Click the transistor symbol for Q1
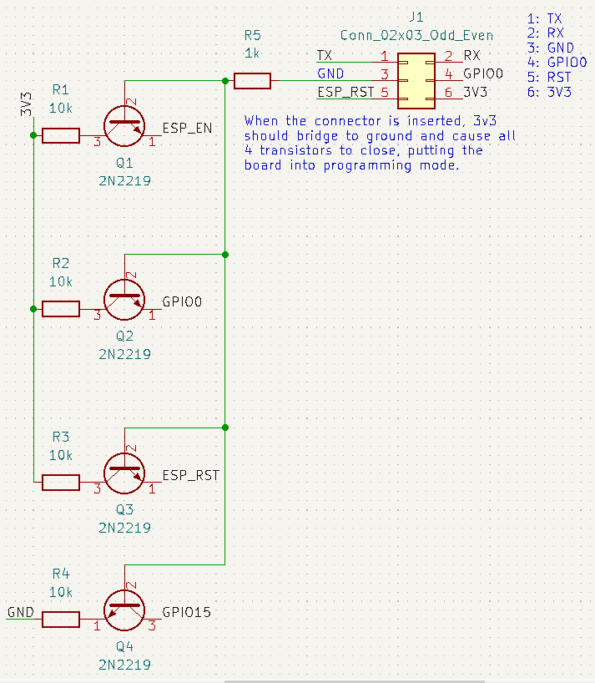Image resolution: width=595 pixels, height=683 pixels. [125, 126]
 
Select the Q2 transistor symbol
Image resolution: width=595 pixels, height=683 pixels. [125, 299]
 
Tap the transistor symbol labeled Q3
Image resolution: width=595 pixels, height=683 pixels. [125, 472]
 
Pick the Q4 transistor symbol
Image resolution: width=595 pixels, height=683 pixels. [125, 610]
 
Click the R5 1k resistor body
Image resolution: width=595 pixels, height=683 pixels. [252, 81]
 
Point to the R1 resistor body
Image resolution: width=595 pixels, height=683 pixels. [61, 136]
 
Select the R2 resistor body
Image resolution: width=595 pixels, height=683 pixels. [61, 309]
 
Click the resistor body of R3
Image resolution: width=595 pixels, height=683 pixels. [61, 482]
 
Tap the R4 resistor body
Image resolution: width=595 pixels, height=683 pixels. [61, 620]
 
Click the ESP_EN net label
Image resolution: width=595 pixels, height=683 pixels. [186, 129]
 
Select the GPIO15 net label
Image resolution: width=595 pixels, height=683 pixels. [187, 611]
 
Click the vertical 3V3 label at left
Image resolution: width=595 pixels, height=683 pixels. [26, 104]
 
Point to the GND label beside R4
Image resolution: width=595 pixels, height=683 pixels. [21, 612]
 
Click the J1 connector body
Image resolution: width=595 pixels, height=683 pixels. [416, 80]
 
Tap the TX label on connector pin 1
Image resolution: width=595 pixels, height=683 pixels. [325, 55]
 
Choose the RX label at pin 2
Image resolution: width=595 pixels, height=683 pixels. [471, 55]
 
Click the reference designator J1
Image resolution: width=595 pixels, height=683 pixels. [416, 17]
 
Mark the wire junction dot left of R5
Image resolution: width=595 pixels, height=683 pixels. [225, 81]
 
